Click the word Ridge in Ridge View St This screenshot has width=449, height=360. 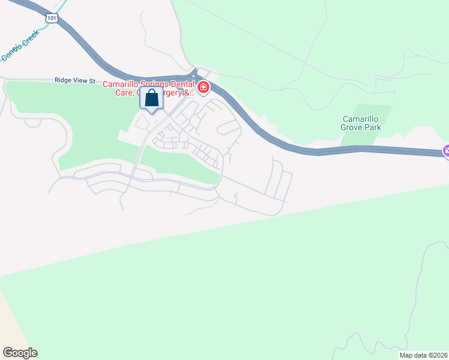coord(64,80)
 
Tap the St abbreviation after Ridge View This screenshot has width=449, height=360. coord(93,80)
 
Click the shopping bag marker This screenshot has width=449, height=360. coord(152,98)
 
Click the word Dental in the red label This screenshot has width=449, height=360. coord(184,84)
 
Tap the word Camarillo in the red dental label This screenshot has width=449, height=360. coord(123,84)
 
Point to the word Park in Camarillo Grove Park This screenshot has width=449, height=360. coord(372,128)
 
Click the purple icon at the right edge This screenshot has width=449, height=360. coord(446,151)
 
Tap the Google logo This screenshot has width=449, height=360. coord(20,353)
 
